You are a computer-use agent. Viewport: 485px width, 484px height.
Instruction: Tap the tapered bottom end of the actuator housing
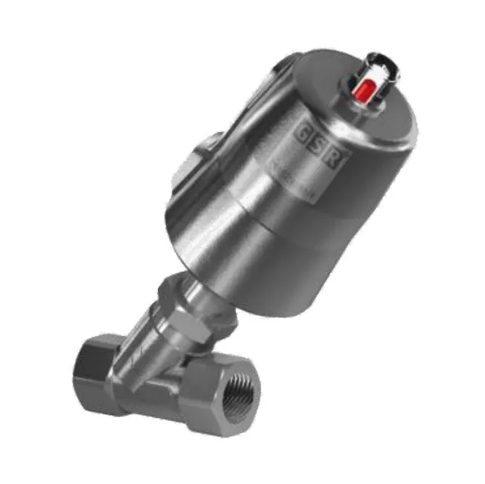239,290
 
